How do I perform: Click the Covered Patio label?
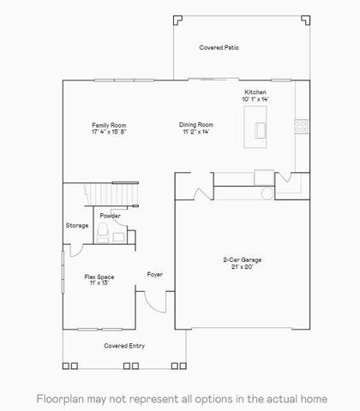(x=219, y=48)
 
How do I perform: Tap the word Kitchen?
(x=255, y=92)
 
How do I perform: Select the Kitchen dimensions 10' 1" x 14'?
(x=255, y=100)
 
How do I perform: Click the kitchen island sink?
(x=259, y=129)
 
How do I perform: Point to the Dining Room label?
(x=196, y=125)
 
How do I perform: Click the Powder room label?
(x=109, y=216)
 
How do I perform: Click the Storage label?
(x=77, y=225)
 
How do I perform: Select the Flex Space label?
(x=99, y=277)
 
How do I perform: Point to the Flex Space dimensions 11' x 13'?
(x=99, y=283)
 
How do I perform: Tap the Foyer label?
(x=154, y=274)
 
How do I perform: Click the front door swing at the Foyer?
(x=152, y=301)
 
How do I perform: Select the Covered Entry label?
(x=125, y=346)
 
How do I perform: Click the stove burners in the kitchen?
(x=300, y=125)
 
